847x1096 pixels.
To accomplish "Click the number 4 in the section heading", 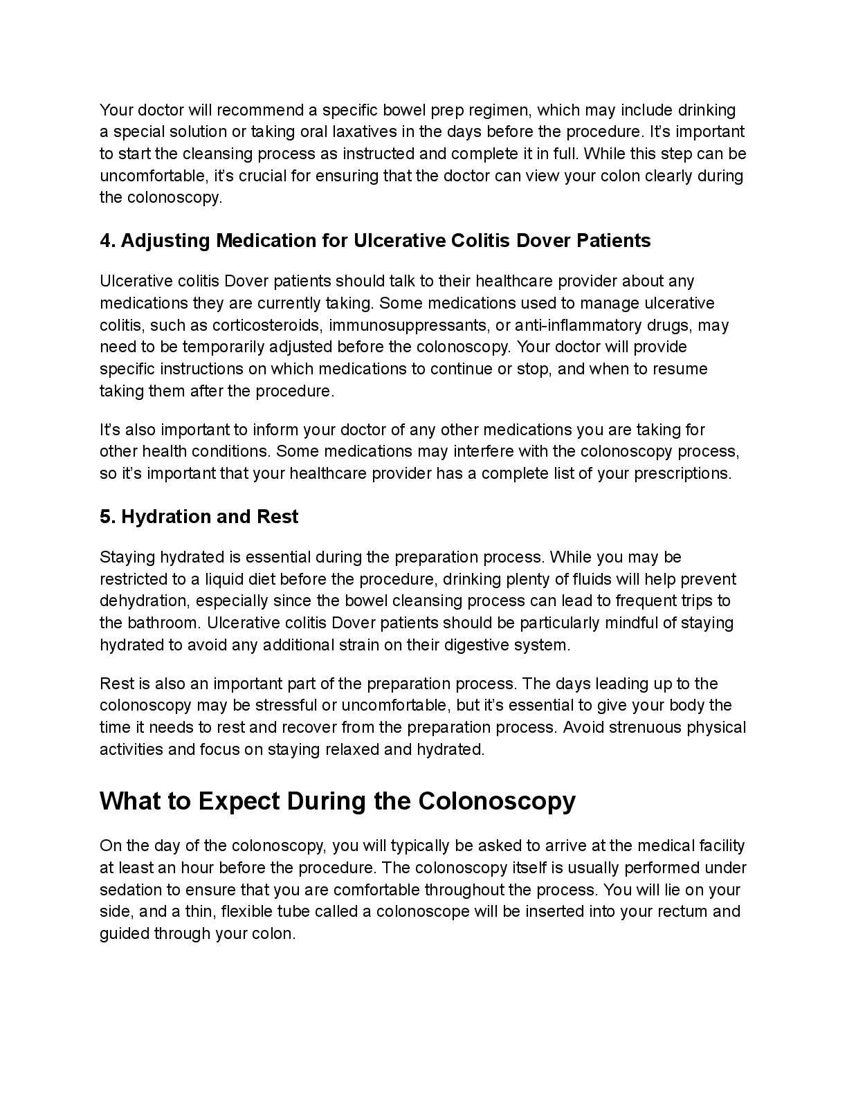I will click(x=106, y=240).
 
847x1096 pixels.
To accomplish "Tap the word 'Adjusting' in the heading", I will click(x=166, y=240).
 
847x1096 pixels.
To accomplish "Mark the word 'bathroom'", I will click(x=163, y=623).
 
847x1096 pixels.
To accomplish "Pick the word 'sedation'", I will click(x=129, y=889).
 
